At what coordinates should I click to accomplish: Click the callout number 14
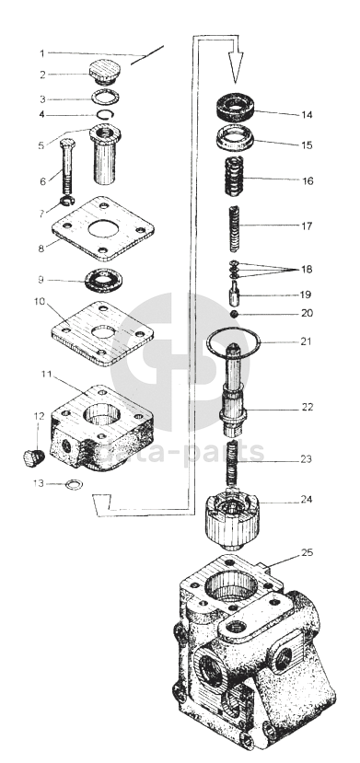[307, 115]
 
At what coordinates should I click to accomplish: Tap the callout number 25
[307, 553]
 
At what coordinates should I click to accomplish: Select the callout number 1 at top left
[42, 53]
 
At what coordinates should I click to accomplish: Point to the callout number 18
[307, 269]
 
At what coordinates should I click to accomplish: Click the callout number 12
[39, 416]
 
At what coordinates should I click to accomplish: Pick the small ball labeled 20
[234, 313]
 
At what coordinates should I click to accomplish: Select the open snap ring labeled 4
[105, 114]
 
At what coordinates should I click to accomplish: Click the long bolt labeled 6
[67, 168]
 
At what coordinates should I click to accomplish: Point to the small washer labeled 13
[74, 484]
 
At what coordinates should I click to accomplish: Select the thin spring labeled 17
[235, 228]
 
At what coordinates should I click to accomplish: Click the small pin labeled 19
[235, 294]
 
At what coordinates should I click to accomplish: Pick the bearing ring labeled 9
[104, 281]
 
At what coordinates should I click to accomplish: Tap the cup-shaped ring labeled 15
[236, 139]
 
